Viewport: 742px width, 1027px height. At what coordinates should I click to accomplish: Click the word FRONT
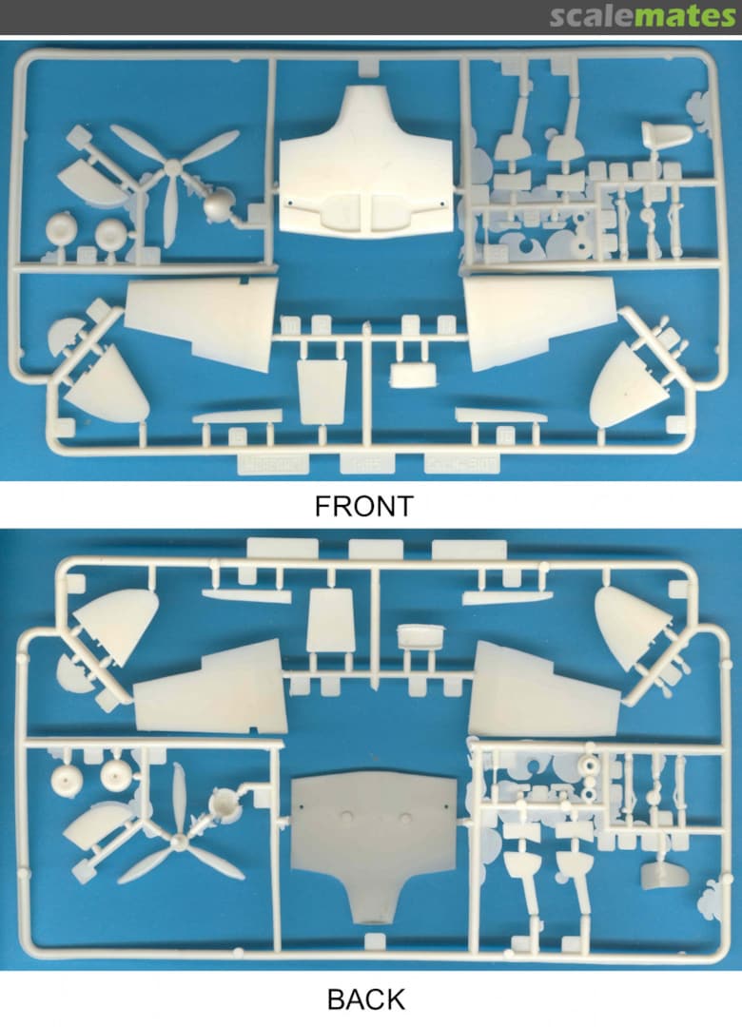(x=363, y=506)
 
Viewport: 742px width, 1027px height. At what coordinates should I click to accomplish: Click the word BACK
(x=365, y=999)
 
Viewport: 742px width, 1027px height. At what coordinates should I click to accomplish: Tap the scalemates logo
(x=642, y=16)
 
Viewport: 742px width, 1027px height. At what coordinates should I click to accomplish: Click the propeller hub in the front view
(x=172, y=169)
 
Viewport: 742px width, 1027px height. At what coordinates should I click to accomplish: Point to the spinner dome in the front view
(x=218, y=204)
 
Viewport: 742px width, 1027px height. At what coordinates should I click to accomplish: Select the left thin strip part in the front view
(x=238, y=417)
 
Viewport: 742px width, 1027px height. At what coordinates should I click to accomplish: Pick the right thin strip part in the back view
(x=505, y=596)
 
